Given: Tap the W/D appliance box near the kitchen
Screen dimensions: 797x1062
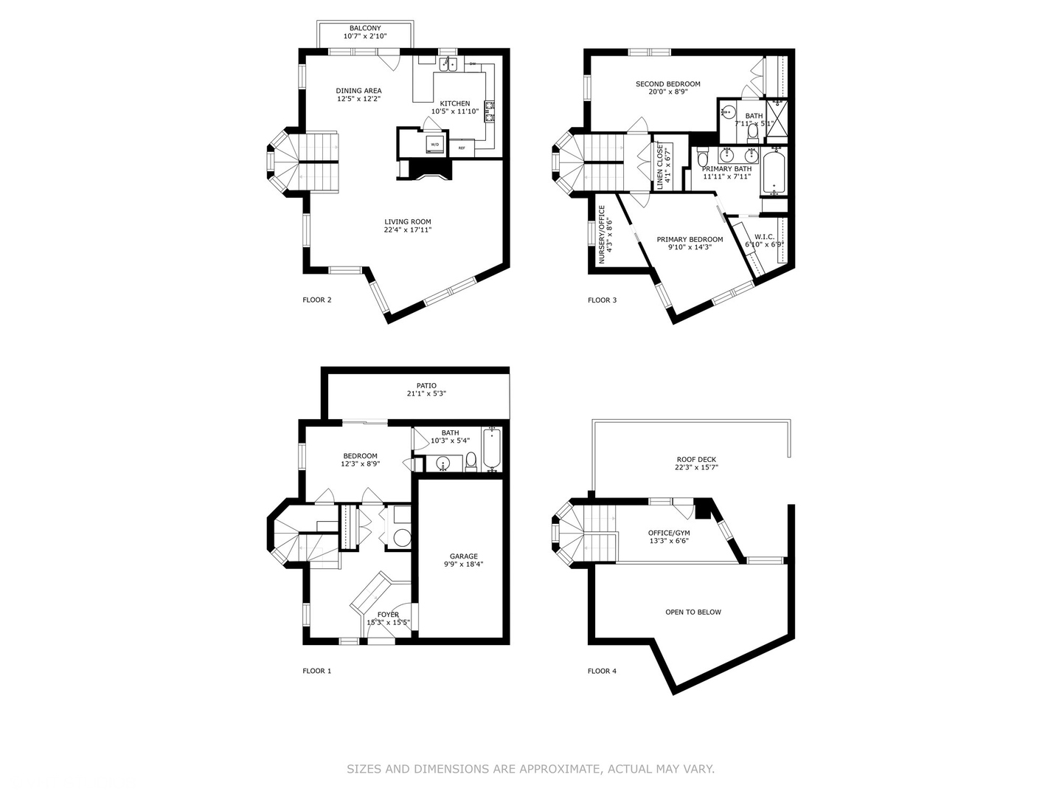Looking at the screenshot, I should tap(434, 144).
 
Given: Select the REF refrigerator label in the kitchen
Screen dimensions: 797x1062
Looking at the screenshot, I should tap(462, 148).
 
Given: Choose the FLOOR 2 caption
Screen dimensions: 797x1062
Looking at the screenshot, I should tap(317, 300).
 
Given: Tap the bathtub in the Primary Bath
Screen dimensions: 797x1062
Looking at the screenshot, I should tap(774, 171).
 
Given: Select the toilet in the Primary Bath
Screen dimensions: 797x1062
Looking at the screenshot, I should tap(703, 159).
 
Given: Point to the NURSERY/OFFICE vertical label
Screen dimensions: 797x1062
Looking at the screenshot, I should tap(603, 235).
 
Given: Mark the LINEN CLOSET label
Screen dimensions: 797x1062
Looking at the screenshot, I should tap(663, 166).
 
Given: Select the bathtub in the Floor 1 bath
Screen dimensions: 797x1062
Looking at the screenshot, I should tap(491, 449).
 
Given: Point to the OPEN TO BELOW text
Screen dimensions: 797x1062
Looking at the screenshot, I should tap(693, 612).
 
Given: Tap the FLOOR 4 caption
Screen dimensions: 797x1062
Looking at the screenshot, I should tap(602, 671).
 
